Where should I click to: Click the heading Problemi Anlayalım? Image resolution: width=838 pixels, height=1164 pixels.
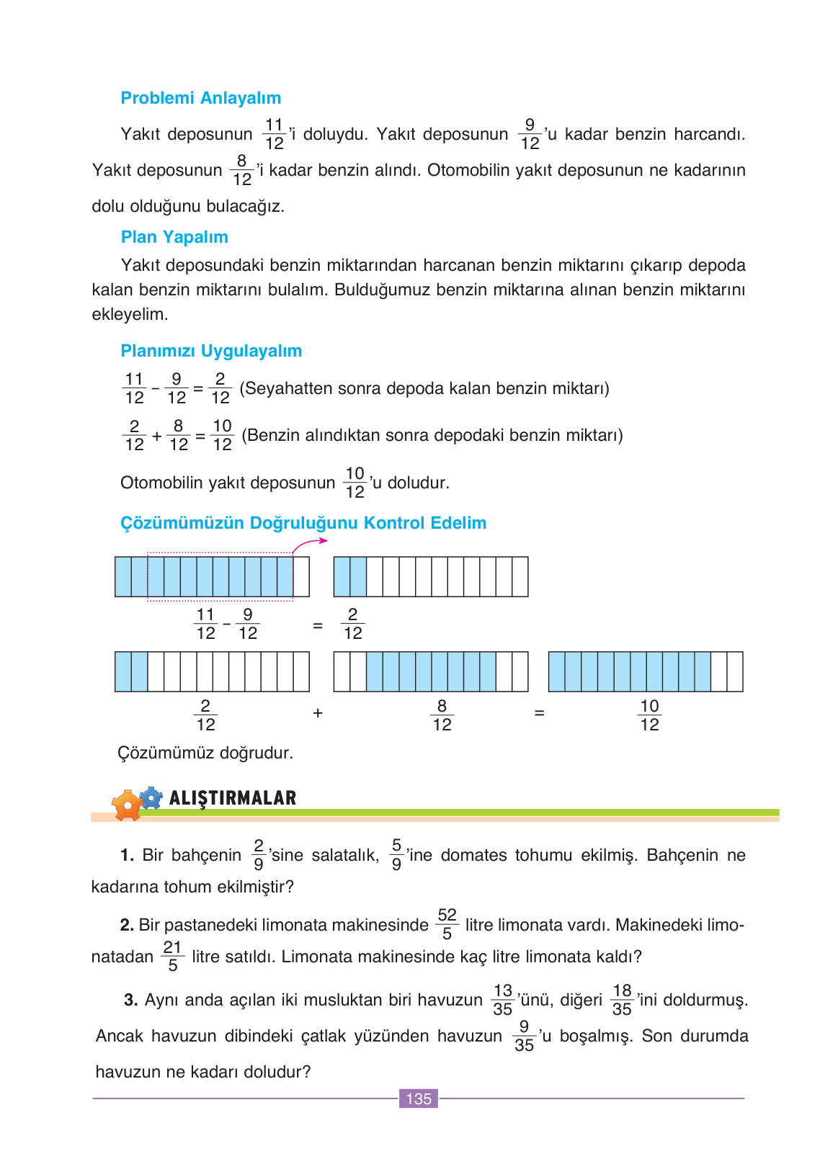coord(200,98)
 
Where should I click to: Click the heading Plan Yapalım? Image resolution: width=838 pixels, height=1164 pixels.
coord(174,237)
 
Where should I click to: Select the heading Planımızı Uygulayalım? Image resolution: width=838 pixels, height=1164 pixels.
coord(211,351)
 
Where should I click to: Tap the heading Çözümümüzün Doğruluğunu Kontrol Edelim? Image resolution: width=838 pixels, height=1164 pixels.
coord(303,523)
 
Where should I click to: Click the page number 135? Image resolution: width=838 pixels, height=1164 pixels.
coord(419,1098)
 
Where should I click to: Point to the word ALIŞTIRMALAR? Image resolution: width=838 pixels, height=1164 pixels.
coord(233,798)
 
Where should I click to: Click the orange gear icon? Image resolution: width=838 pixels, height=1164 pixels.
coord(128,805)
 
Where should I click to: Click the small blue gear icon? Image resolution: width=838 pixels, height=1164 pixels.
coord(151,797)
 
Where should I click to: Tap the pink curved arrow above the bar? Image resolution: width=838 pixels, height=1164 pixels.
coord(310,544)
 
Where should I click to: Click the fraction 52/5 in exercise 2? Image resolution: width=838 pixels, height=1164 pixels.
coord(447,924)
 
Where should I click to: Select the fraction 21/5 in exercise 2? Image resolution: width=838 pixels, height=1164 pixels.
coord(172,956)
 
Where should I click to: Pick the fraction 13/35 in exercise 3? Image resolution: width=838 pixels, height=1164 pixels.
coord(502,1000)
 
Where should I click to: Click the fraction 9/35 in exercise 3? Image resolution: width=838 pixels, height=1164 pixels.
coord(524,1036)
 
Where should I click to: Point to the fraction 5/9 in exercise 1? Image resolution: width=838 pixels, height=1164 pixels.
coord(396,854)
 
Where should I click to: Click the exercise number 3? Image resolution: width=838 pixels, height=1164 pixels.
coord(130,1000)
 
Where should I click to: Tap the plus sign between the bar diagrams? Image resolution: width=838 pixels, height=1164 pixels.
coord(318,713)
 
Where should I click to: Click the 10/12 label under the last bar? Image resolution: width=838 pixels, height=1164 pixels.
coord(649,715)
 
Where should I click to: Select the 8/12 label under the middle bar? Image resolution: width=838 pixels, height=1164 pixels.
coord(442,715)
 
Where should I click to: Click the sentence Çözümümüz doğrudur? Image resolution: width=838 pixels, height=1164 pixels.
coord(205,753)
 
